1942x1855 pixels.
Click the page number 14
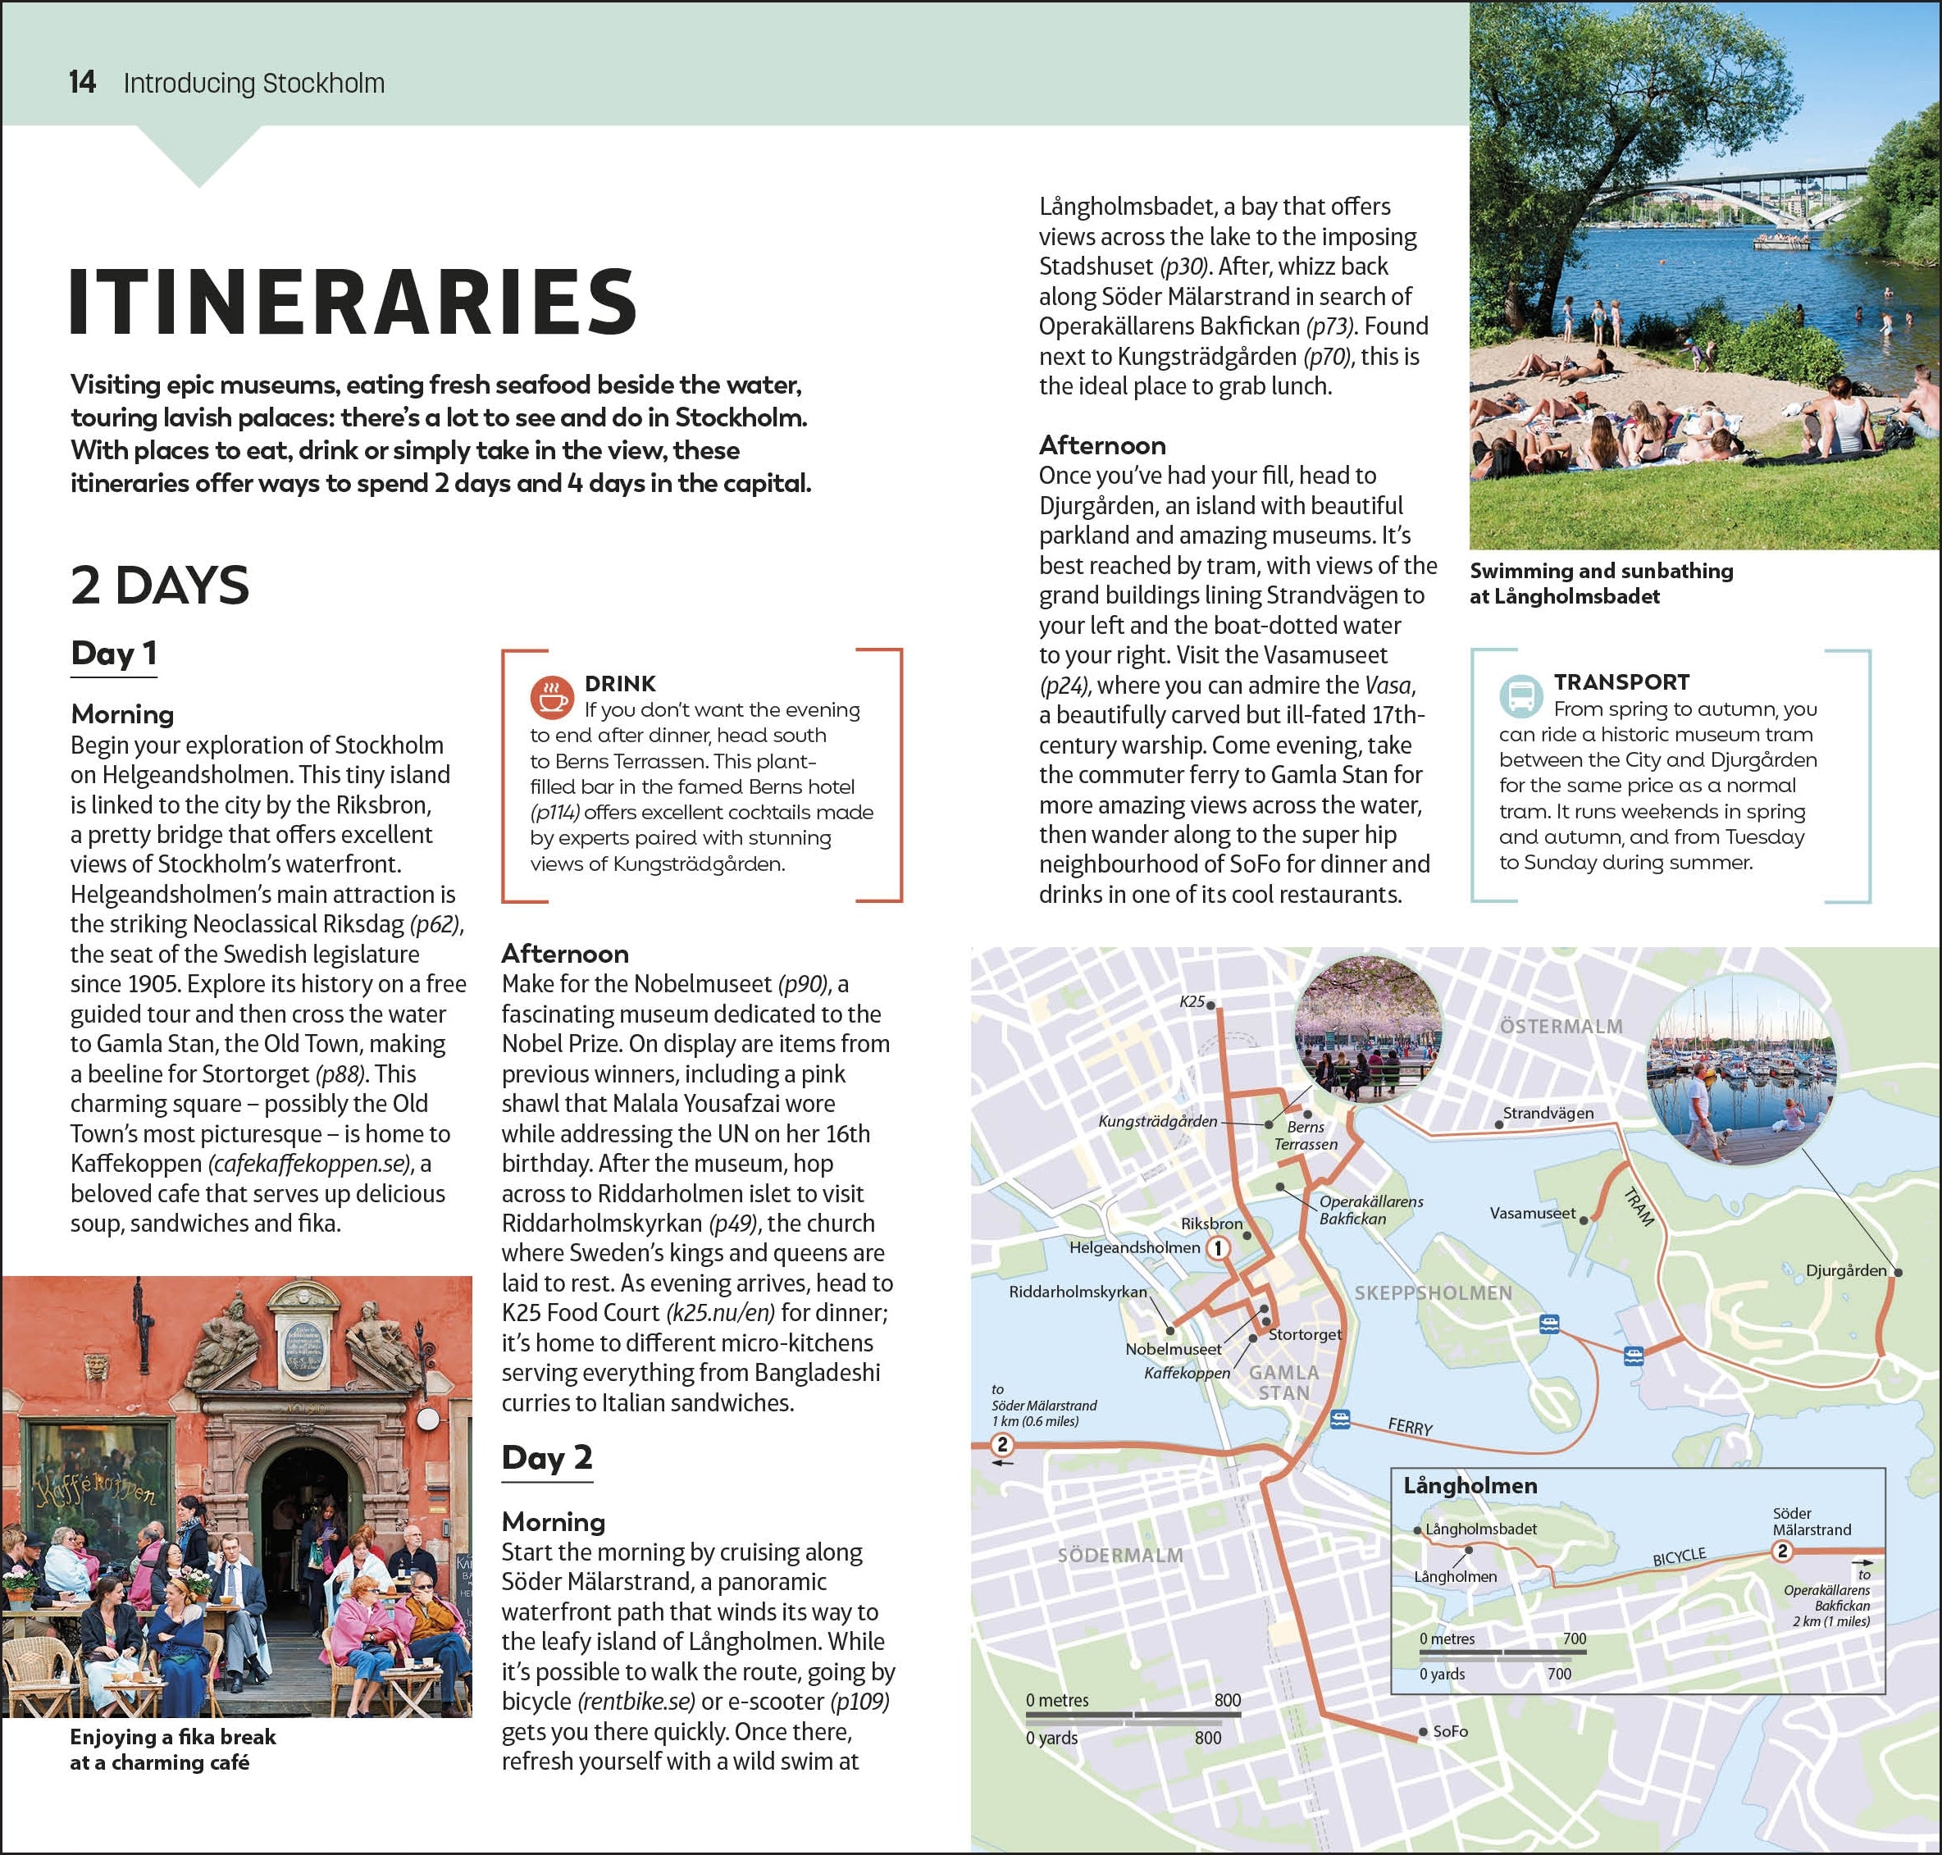pyautogui.click(x=82, y=82)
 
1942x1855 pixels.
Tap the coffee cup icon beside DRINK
pyautogui.click(x=551, y=696)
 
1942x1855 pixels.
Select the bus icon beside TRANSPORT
pyautogui.click(x=1520, y=695)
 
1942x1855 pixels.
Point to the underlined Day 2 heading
pyautogui.click(x=546, y=1457)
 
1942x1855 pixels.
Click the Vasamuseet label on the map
pyautogui.click(x=1532, y=1213)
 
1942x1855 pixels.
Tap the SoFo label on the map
pyautogui.click(x=1450, y=1731)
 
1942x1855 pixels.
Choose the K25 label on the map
pyautogui.click(x=1192, y=1001)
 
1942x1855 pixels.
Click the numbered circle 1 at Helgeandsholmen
pyautogui.click(x=1218, y=1248)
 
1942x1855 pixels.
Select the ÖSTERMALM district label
pyautogui.click(x=1561, y=1027)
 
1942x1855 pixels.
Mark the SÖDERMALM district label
pyautogui.click(x=1120, y=1556)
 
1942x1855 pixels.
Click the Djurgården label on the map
pyautogui.click(x=1845, y=1270)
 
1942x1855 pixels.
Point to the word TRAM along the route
pyautogui.click(x=1639, y=1207)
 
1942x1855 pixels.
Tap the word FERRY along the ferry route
pyautogui.click(x=1410, y=1427)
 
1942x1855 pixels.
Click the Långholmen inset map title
pyautogui.click(x=1470, y=1485)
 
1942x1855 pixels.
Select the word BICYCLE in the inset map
pyautogui.click(x=1679, y=1556)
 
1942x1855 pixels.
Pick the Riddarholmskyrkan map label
pyautogui.click(x=1078, y=1292)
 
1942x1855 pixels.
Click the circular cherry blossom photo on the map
pyautogui.click(x=1366, y=1032)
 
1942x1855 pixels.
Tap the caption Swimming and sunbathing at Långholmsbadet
pyautogui.click(x=1600, y=583)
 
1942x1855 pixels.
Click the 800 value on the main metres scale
pyautogui.click(x=1227, y=1700)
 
